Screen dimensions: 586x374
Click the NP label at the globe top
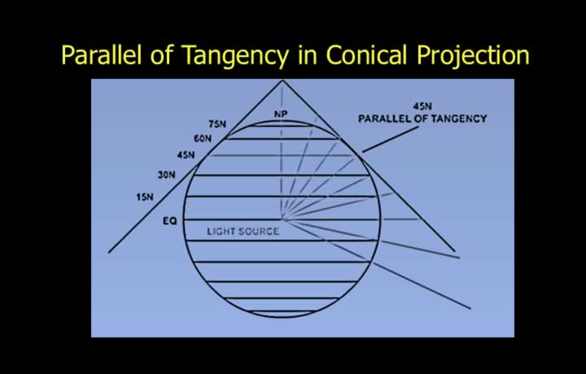pos(281,114)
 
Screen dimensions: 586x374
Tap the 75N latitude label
pos(217,124)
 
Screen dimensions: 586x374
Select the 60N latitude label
pos(203,139)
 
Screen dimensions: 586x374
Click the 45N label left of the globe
pos(186,154)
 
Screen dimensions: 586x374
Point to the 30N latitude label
pos(166,175)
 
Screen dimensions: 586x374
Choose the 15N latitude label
pos(145,197)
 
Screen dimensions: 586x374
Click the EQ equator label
pos(169,221)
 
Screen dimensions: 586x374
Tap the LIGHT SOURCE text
pos(243,232)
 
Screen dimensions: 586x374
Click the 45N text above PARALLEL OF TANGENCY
pos(422,107)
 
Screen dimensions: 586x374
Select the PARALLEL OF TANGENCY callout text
pos(422,119)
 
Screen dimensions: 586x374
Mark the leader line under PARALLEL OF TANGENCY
pos(390,139)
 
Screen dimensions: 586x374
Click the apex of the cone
pos(282,80)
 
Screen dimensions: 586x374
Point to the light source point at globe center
pos(282,219)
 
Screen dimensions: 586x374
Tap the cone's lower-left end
pos(109,253)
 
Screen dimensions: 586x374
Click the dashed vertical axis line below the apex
pos(282,150)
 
